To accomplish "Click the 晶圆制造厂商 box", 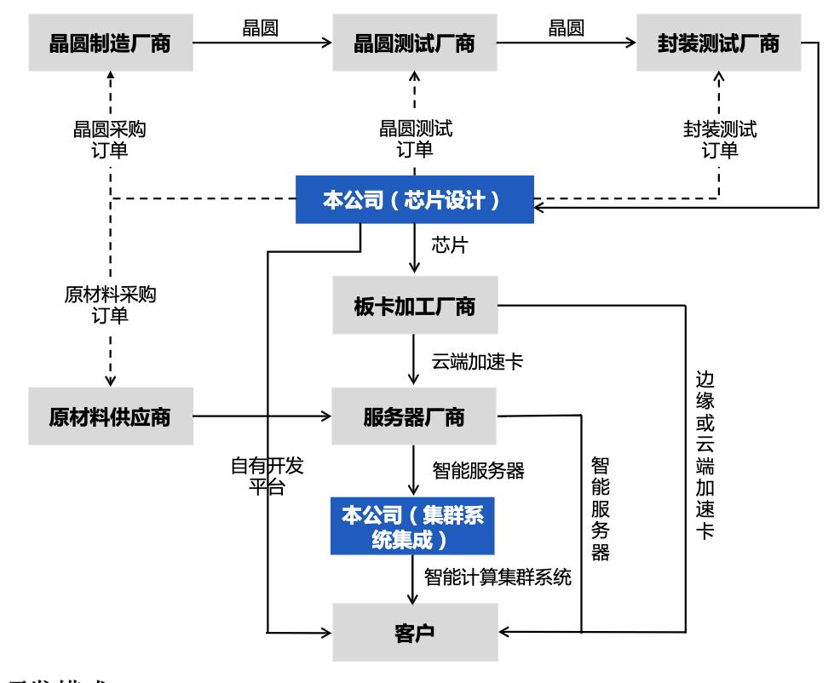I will pyautogui.click(x=111, y=43).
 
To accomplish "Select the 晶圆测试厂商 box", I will pyautogui.click(x=414, y=43).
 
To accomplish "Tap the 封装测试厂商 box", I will pyautogui.click(x=719, y=43).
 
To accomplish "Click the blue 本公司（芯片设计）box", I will pyautogui.click(x=414, y=200).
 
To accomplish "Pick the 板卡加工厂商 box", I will pyautogui.click(x=414, y=307).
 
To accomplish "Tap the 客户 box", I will pyautogui.click(x=414, y=633).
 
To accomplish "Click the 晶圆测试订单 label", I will pyautogui.click(x=415, y=140).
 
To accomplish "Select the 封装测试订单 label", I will pyautogui.click(x=720, y=140).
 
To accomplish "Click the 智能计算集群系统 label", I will pyautogui.click(x=498, y=577).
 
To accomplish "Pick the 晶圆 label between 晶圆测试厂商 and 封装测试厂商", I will pyautogui.click(x=566, y=27).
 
